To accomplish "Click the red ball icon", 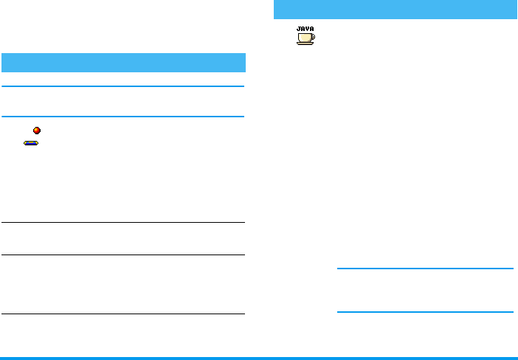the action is pyautogui.click(x=37, y=131).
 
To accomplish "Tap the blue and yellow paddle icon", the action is pyautogui.click(x=31, y=142).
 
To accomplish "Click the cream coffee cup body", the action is pyautogui.click(x=303, y=37).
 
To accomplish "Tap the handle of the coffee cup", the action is pyautogui.click(x=311, y=36).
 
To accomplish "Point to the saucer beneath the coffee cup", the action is pyautogui.click(x=305, y=44).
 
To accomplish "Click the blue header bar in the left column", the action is pyautogui.click(x=123, y=62).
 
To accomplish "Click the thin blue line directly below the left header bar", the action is pyautogui.click(x=123, y=86).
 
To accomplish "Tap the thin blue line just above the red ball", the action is pyautogui.click(x=123, y=117).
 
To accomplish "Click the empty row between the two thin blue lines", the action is pyautogui.click(x=123, y=102).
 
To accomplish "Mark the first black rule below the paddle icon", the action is pyautogui.click(x=123, y=223).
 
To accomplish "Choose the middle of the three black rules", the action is pyautogui.click(x=123, y=255).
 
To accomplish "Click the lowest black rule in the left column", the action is pyautogui.click(x=123, y=314).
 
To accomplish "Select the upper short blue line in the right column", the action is pyautogui.click(x=424, y=269).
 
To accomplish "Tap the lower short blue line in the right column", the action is pyautogui.click(x=424, y=311).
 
